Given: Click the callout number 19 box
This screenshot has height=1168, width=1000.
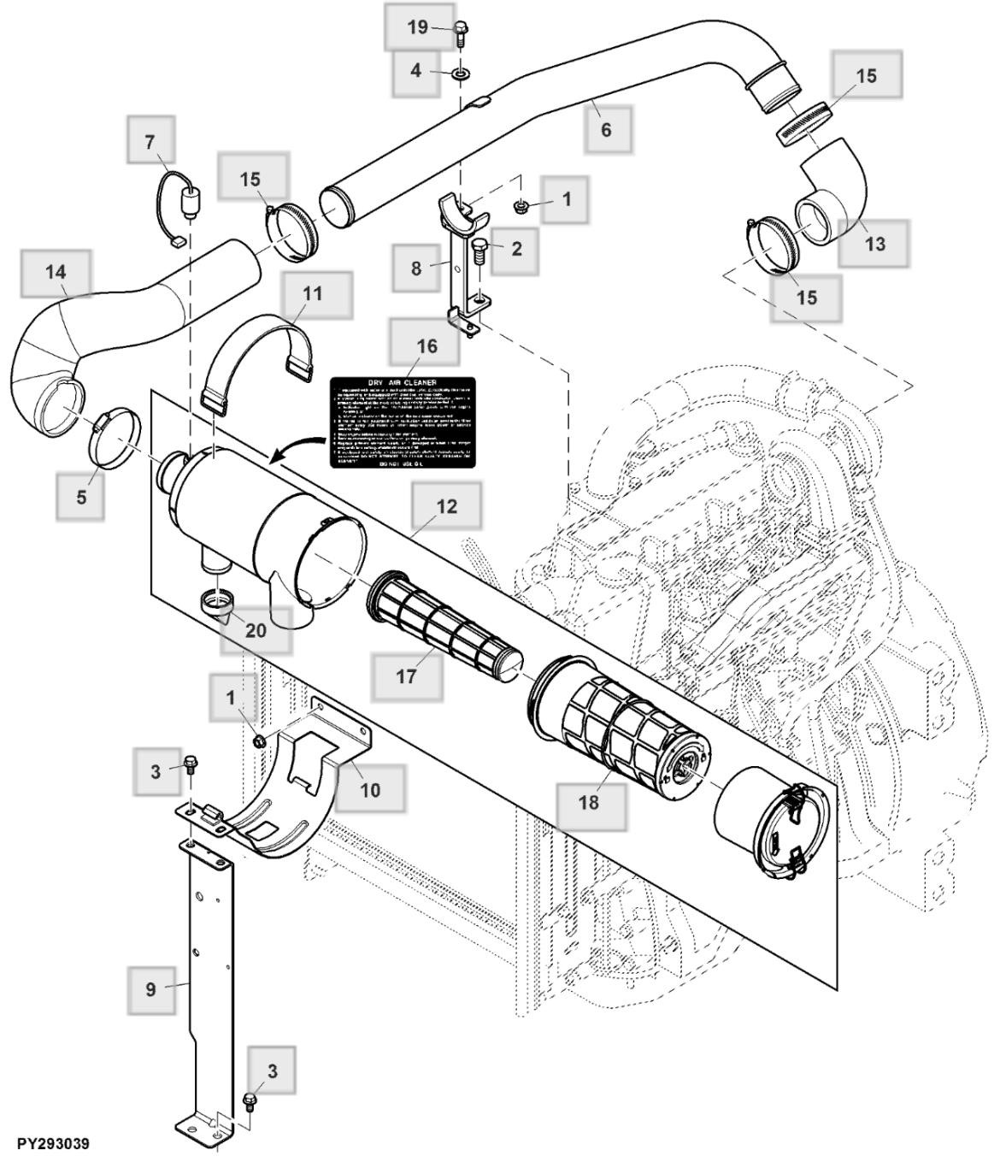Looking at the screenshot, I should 417,27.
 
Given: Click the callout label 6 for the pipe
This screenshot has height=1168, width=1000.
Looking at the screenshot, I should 606,130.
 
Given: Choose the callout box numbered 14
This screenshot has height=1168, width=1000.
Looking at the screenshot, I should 56,273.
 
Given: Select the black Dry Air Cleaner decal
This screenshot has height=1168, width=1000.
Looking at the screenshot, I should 403,423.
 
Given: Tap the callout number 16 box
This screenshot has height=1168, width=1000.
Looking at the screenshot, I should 426,345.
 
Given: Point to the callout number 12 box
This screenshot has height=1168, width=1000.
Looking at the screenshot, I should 446,506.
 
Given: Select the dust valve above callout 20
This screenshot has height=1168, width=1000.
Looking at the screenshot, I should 220,603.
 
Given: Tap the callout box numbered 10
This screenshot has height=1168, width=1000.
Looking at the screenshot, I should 369,790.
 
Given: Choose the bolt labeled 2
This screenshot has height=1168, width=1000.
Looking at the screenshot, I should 479,255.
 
